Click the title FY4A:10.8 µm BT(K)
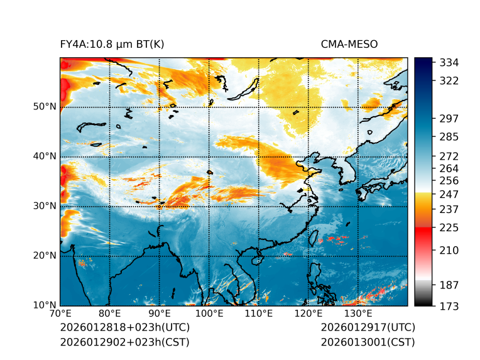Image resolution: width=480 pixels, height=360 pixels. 112,44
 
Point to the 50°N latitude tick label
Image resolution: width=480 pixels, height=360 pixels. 44,107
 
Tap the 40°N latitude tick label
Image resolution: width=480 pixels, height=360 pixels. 44,156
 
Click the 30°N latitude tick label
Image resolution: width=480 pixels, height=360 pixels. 44,206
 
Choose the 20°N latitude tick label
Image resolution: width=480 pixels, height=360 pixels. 44,256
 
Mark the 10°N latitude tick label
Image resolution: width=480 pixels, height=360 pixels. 44,305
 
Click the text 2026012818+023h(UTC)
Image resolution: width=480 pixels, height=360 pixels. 124,328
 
